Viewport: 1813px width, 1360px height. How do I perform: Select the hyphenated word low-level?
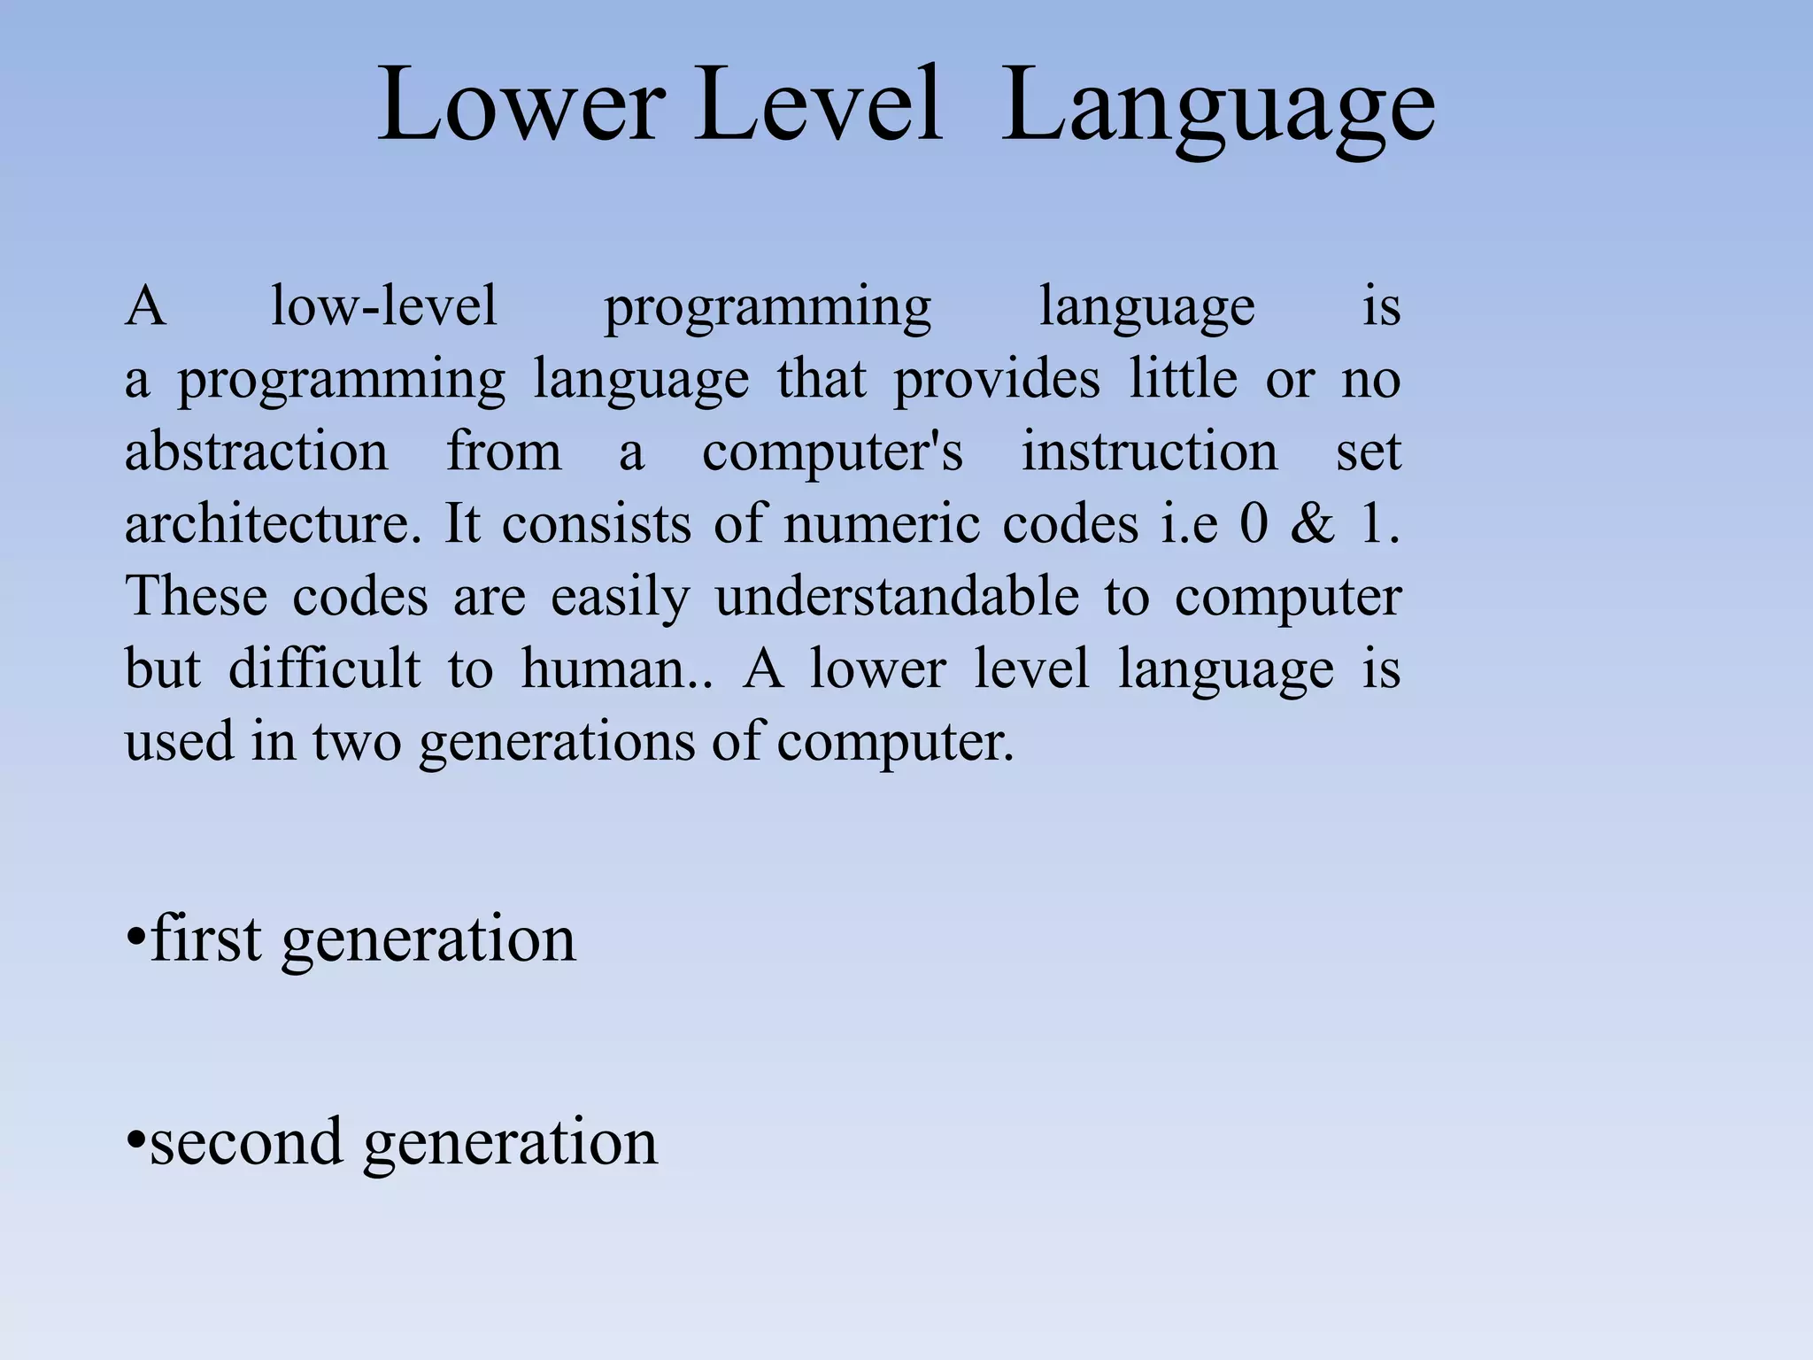point(383,306)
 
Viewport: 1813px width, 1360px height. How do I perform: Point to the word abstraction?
point(257,452)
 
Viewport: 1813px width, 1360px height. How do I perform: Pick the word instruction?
point(1150,452)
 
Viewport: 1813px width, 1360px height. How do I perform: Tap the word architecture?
point(273,524)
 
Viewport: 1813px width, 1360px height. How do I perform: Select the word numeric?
point(882,524)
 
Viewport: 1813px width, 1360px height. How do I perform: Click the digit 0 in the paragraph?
point(1254,524)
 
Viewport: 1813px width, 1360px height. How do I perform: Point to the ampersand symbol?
point(1313,524)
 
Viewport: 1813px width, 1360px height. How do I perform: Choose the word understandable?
point(897,598)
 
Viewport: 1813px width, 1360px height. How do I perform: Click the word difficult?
point(324,668)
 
